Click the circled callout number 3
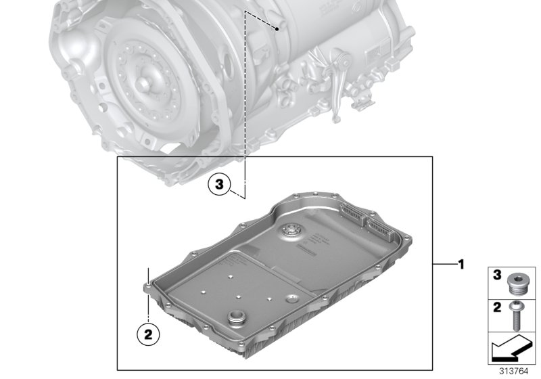pos(219,183)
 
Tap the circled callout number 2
pos(147,332)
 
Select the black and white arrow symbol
pos(511,350)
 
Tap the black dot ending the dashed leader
pos(277,29)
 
